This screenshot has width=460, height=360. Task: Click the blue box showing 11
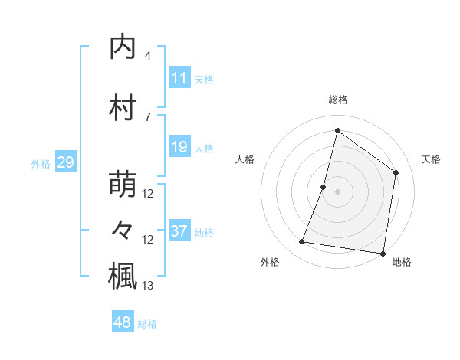coord(179,78)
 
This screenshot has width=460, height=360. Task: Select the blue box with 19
coord(179,147)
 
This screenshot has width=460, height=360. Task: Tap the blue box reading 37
coord(179,231)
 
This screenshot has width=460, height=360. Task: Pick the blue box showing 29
coord(66,162)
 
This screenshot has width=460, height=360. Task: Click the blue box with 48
coord(123,322)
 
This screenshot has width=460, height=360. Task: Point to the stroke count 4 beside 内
coord(148,56)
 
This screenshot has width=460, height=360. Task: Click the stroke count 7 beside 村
coord(148,116)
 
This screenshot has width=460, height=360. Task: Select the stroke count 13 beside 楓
coord(148,286)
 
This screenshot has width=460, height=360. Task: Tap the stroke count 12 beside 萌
coord(148,194)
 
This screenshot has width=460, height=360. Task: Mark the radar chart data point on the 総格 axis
coord(337,130)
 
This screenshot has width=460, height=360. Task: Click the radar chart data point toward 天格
coord(396,172)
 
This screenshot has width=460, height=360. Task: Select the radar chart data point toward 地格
coord(383,253)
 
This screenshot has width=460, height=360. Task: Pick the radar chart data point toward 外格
coord(302,242)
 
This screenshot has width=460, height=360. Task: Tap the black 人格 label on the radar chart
coord(245,159)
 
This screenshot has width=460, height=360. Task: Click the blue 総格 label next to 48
coord(147,324)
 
